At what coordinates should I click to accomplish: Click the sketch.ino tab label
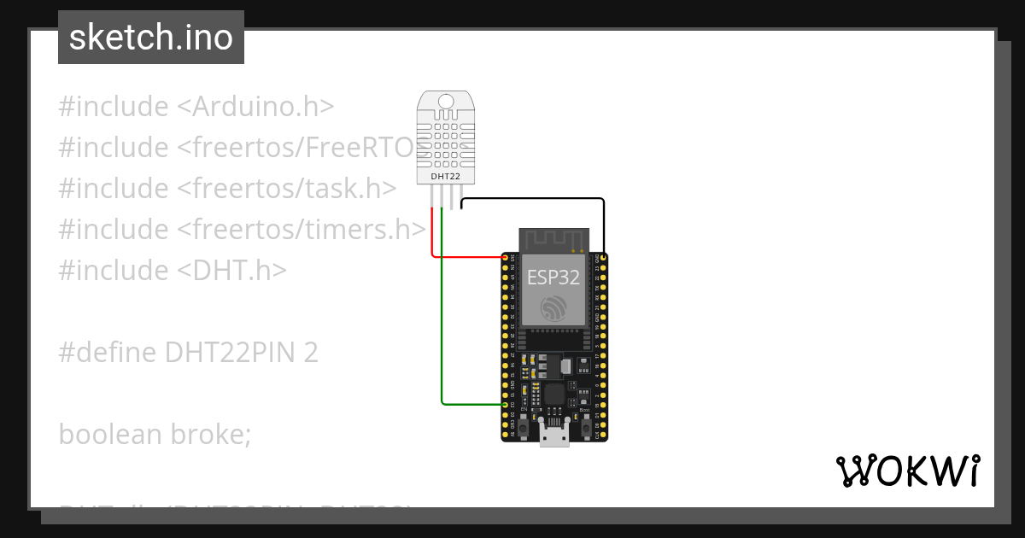[x=150, y=38]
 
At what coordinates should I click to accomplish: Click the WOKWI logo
[x=907, y=471]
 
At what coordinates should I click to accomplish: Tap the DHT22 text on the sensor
[x=445, y=175]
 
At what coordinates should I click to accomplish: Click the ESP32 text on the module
[x=553, y=278]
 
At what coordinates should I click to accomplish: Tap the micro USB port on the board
[x=554, y=436]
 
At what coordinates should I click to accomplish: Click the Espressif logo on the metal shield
[x=553, y=307]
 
